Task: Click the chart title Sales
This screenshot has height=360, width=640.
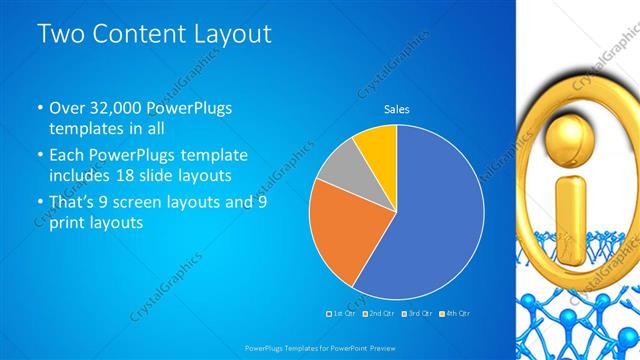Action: point(397,109)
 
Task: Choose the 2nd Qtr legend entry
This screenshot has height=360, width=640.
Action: point(378,314)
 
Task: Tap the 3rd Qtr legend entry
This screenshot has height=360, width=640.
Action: point(415,314)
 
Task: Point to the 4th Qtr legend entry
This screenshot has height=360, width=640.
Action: point(453,314)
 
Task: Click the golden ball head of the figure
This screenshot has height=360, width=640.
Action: point(572,135)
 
